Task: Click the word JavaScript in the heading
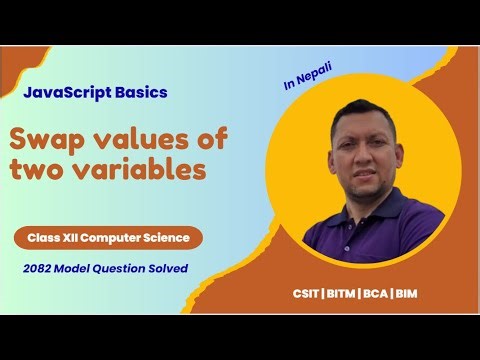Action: pos(63,93)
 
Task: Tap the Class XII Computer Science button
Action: pos(109,239)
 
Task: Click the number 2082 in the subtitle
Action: pos(45,268)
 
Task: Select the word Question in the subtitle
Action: pos(118,268)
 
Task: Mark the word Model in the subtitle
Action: pos(78,268)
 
